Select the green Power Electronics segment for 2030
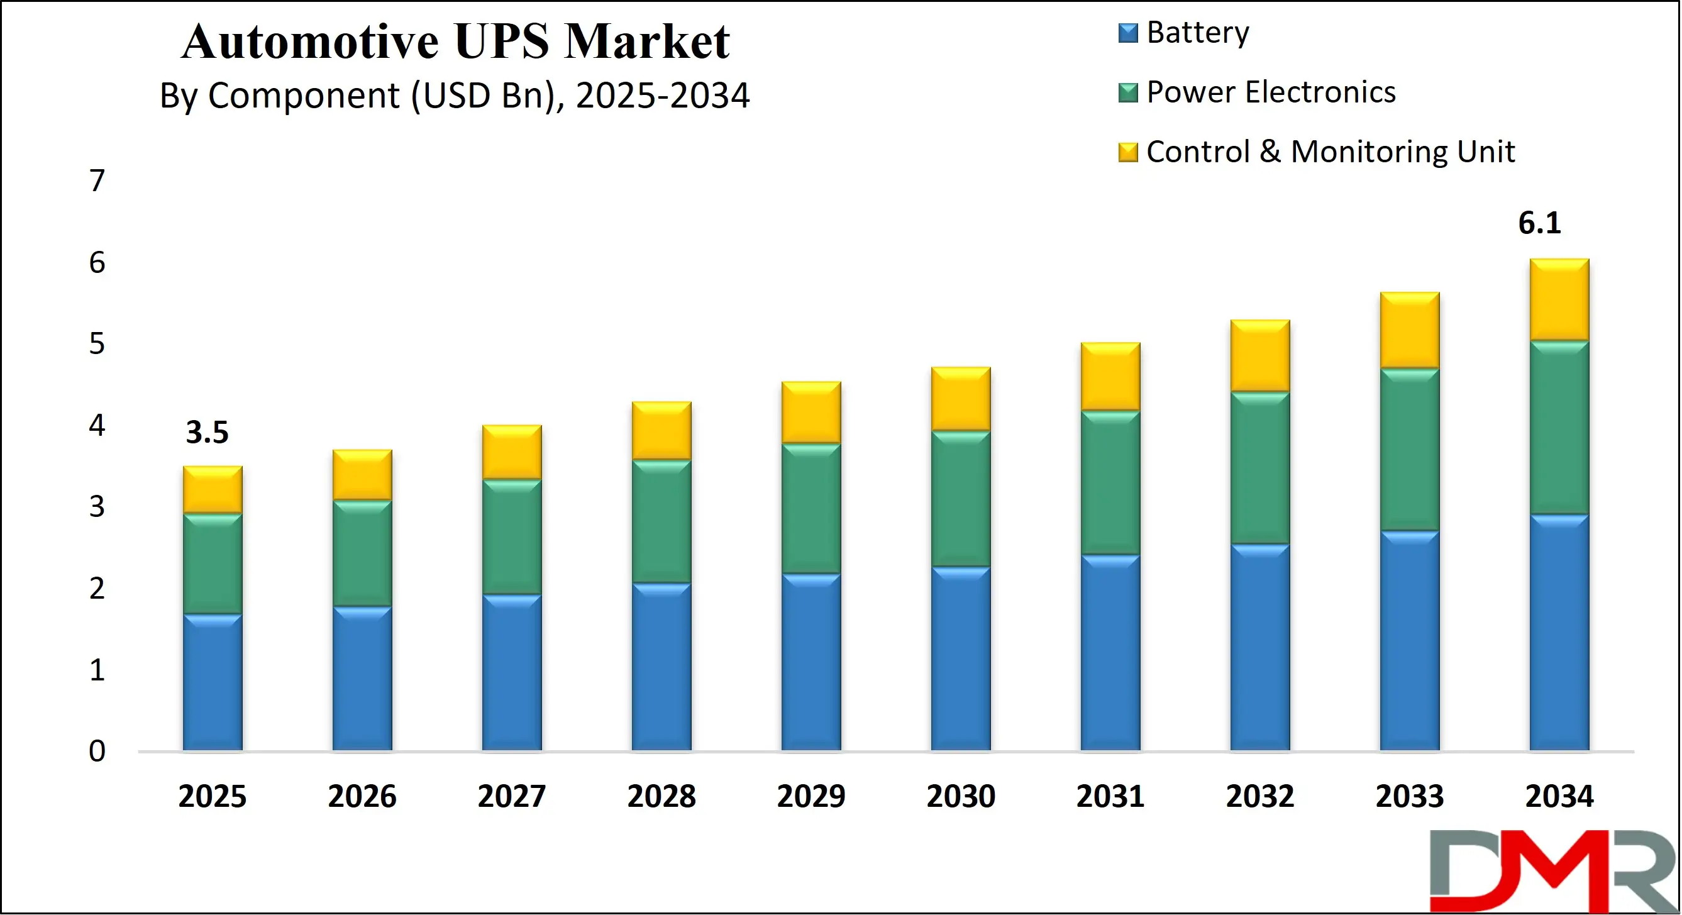[x=961, y=498]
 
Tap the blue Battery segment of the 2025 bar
[x=212, y=682]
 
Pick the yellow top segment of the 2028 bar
[x=661, y=431]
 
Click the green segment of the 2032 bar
[x=1259, y=468]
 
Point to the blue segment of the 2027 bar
[x=512, y=673]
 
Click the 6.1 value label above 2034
[x=1539, y=223]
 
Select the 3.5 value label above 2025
[x=207, y=433]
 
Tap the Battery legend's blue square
[x=1127, y=33]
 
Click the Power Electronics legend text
[x=1271, y=92]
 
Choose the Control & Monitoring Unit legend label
[x=1330, y=152]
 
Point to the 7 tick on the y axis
[x=97, y=181]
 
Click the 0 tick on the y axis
[x=97, y=751]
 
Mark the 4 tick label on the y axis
[x=97, y=426]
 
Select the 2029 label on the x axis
[x=811, y=796]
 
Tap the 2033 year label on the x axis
[x=1409, y=796]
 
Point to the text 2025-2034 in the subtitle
[x=662, y=96]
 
